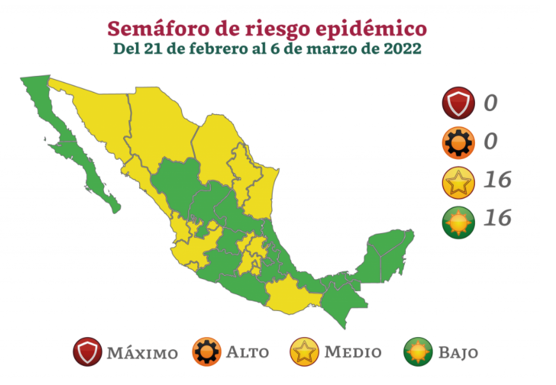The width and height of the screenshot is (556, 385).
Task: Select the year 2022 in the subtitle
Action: (402, 49)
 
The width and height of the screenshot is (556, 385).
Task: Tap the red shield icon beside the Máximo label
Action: (86, 352)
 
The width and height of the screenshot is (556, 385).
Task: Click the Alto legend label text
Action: (247, 352)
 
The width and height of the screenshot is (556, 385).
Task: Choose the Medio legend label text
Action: (352, 352)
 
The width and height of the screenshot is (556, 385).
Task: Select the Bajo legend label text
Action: (458, 352)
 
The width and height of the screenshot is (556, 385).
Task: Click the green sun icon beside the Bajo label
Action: (418, 352)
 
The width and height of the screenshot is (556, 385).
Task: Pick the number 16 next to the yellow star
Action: (497, 180)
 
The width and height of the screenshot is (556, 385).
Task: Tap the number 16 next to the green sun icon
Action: (497, 218)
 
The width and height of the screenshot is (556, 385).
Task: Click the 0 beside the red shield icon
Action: (490, 103)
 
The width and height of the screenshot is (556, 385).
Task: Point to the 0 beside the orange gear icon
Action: (490, 141)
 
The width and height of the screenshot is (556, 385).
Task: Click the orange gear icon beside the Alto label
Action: (207, 352)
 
